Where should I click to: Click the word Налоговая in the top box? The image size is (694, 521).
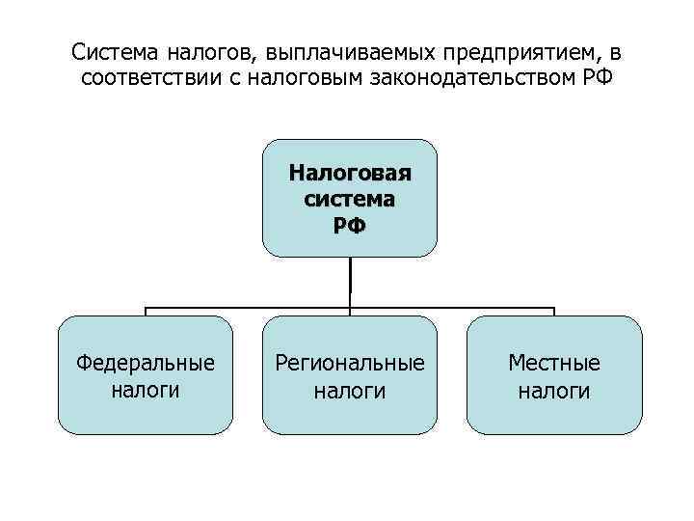point(350,175)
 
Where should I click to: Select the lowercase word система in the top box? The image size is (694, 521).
point(350,200)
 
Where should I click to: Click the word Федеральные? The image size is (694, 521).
point(146,364)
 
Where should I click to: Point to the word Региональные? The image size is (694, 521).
point(350,364)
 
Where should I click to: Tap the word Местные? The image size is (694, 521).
point(554,364)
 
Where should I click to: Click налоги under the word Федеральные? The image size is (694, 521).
point(146,390)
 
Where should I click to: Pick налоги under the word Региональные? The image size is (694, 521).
point(350,390)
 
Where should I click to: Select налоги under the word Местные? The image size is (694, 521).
point(554,390)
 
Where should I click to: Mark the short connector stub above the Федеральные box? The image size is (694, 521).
point(146,312)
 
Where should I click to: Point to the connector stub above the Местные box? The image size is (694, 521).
point(554,312)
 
